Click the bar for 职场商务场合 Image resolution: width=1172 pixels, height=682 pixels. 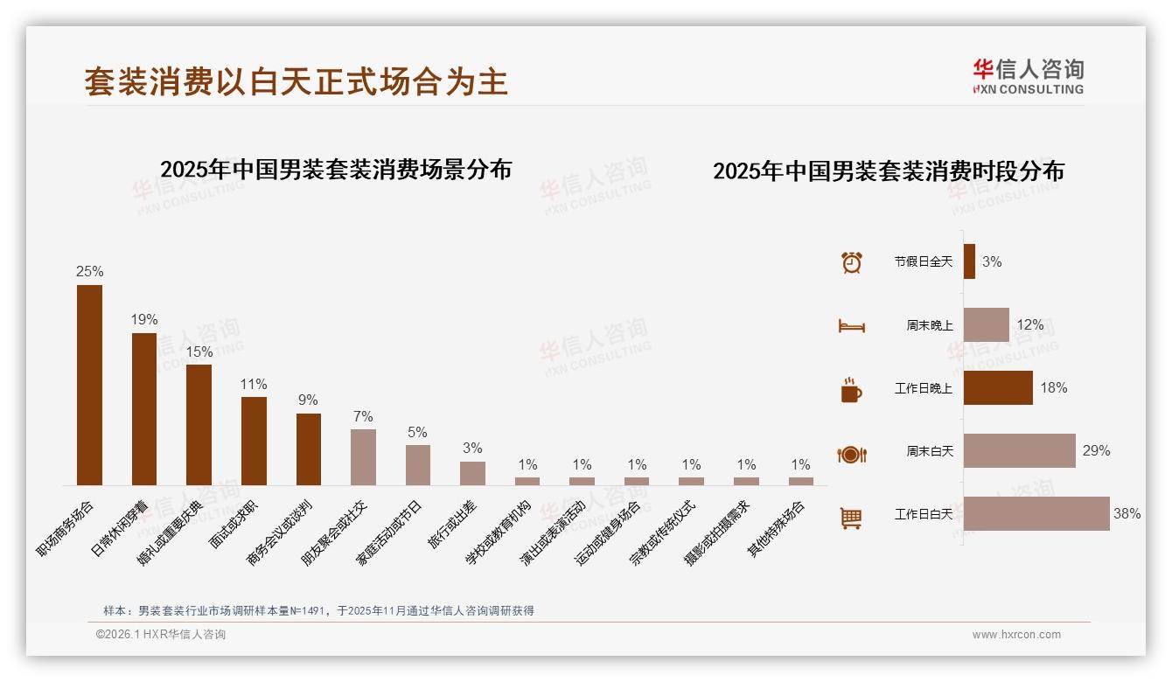point(89,385)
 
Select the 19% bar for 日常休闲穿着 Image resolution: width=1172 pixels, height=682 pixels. point(144,408)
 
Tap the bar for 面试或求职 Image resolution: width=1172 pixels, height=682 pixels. point(254,441)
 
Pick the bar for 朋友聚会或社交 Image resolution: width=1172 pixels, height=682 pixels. point(363,456)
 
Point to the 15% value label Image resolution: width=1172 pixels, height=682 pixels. point(199,351)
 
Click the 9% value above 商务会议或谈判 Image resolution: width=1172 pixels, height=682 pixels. point(308,400)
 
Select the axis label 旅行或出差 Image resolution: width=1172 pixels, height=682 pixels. point(452,525)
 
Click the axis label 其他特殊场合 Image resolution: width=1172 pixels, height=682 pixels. point(776,530)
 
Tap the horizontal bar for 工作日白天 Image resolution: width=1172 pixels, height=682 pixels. point(1036,513)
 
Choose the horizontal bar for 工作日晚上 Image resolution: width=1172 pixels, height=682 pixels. point(998,387)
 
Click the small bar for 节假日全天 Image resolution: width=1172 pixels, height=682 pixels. point(969,261)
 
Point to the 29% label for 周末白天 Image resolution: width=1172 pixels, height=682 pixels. point(1096,451)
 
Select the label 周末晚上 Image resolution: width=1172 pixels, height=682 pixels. point(930,325)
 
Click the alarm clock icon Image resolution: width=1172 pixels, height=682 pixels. point(851,262)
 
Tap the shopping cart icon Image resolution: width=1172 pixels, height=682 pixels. point(851,518)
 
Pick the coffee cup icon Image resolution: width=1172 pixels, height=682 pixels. point(851,390)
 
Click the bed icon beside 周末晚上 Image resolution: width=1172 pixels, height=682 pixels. point(851,326)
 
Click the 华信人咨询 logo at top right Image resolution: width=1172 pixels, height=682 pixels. point(1028,76)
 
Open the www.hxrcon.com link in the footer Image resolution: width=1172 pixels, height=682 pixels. point(1016,635)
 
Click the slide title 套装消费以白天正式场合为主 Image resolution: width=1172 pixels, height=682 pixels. point(296,81)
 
